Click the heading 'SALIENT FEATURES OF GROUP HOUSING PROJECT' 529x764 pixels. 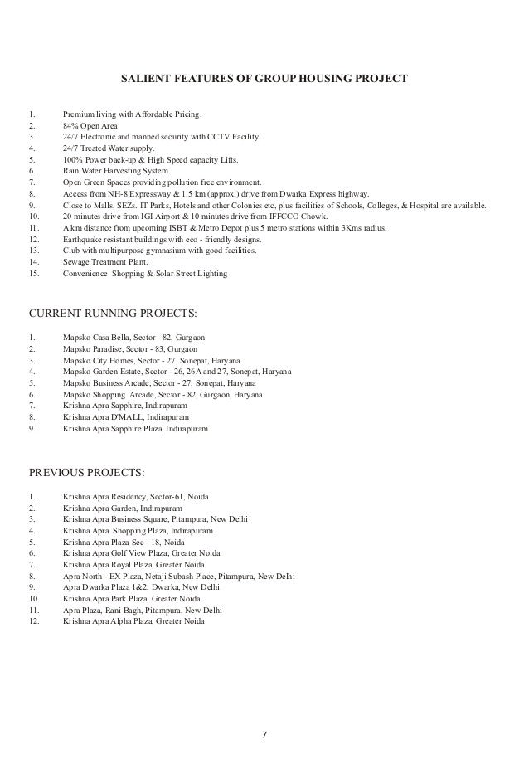click(264, 80)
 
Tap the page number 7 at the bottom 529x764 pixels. click(264, 734)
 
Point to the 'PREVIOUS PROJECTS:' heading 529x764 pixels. click(87, 474)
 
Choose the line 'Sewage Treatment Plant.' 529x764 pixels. click(109, 260)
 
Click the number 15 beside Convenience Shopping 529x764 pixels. click(34, 272)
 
